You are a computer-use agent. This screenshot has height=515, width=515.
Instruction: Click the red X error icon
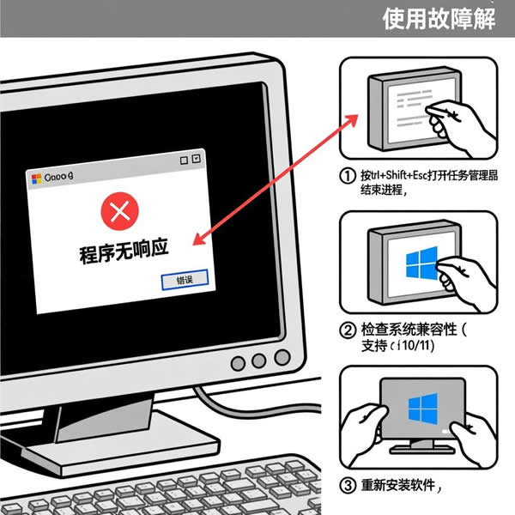coord(119,210)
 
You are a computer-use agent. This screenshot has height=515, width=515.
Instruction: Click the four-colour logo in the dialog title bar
coord(36,178)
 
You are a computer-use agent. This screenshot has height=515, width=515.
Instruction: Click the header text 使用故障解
coord(439,18)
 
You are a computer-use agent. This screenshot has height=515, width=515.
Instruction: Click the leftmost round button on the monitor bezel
coord(238,363)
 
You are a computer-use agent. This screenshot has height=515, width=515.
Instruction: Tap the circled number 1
coord(348,175)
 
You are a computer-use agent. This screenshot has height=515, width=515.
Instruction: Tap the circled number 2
coord(348,330)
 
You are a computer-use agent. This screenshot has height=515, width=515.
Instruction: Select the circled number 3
coord(348,487)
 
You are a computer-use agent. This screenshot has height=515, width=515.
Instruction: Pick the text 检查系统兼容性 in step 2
coord(406,330)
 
